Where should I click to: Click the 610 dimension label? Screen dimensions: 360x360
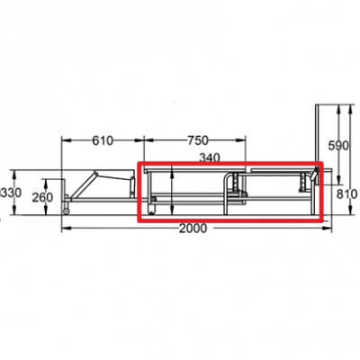click(103, 140)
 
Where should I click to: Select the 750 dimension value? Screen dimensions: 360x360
click(198, 140)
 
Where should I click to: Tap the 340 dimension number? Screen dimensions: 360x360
click(210, 157)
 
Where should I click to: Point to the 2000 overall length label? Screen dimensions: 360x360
click(193, 229)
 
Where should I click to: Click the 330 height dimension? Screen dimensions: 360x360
click(12, 193)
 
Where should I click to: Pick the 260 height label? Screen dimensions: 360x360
click(42, 198)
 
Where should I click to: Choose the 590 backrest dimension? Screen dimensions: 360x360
click(338, 146)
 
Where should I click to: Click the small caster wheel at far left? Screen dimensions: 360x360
click(66, 211)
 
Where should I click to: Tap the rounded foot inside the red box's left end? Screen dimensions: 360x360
click(152, 210)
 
